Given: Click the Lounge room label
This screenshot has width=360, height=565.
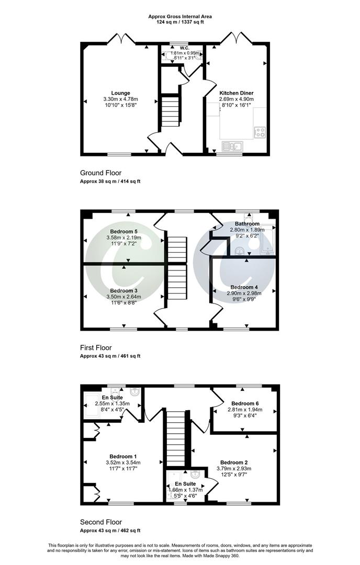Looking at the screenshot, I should click(x=120, y=93).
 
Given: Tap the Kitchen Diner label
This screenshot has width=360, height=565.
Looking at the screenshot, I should click(x=237, y=93).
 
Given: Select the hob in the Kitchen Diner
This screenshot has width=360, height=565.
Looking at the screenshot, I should click(x=260, y=132).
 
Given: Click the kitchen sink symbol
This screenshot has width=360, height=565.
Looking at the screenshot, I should click(x=231, y=146).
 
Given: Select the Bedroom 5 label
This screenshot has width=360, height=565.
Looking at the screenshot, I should click(x=124, y=231).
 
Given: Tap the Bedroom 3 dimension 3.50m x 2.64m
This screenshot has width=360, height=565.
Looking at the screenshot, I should click(x=123, y=297).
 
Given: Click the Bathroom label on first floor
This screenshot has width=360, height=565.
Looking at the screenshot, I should click(x=247, y=223).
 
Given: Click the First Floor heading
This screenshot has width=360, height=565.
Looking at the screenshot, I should click(x=96, y=347).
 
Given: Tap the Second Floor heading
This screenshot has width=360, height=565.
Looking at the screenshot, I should click(x=100, y=522).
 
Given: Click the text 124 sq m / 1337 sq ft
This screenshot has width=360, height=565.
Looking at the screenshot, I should click(x=179, y=22).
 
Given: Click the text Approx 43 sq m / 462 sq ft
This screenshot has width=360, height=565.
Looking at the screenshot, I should click(x=110, y=531).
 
